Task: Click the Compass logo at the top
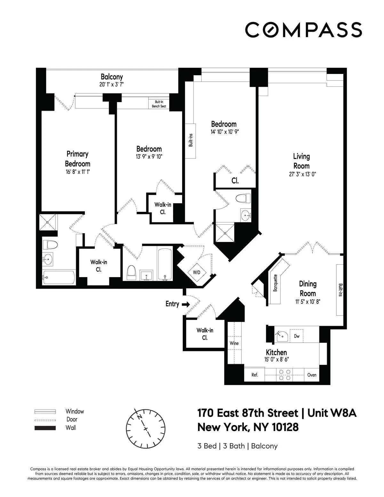303,29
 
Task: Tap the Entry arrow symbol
186,304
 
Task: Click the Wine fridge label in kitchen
234,343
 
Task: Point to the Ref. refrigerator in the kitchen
254,375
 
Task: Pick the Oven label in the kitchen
312,375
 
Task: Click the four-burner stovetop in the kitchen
284,375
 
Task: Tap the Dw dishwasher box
297,336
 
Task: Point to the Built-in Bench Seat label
159,104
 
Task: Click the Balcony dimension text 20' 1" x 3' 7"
111,84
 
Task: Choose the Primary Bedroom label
77,159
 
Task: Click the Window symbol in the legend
45,412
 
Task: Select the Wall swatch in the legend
45,428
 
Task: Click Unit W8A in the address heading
332,413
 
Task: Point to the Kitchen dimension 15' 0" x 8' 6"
276,359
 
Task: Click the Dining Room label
308,288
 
